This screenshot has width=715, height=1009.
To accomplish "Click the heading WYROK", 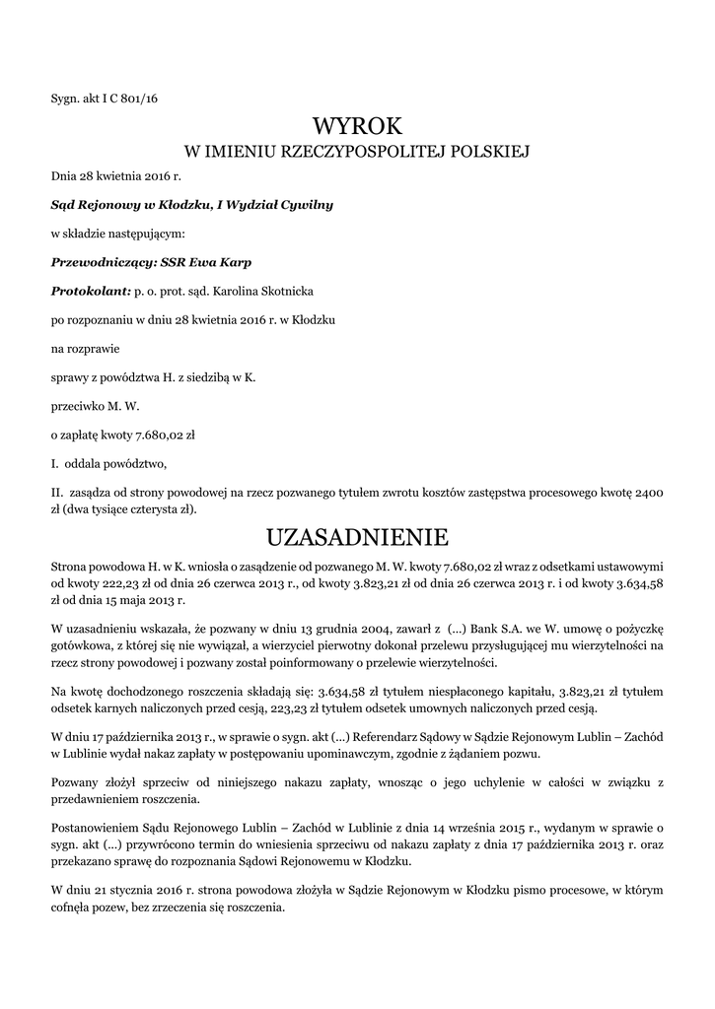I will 357,126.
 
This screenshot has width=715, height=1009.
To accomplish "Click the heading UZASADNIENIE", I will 357,537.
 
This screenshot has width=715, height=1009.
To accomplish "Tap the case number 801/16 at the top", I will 137,98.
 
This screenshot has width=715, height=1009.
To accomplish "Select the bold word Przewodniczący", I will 99,263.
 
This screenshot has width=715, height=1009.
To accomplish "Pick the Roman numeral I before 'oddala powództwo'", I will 54,462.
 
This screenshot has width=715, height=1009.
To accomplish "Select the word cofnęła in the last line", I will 71,908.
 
